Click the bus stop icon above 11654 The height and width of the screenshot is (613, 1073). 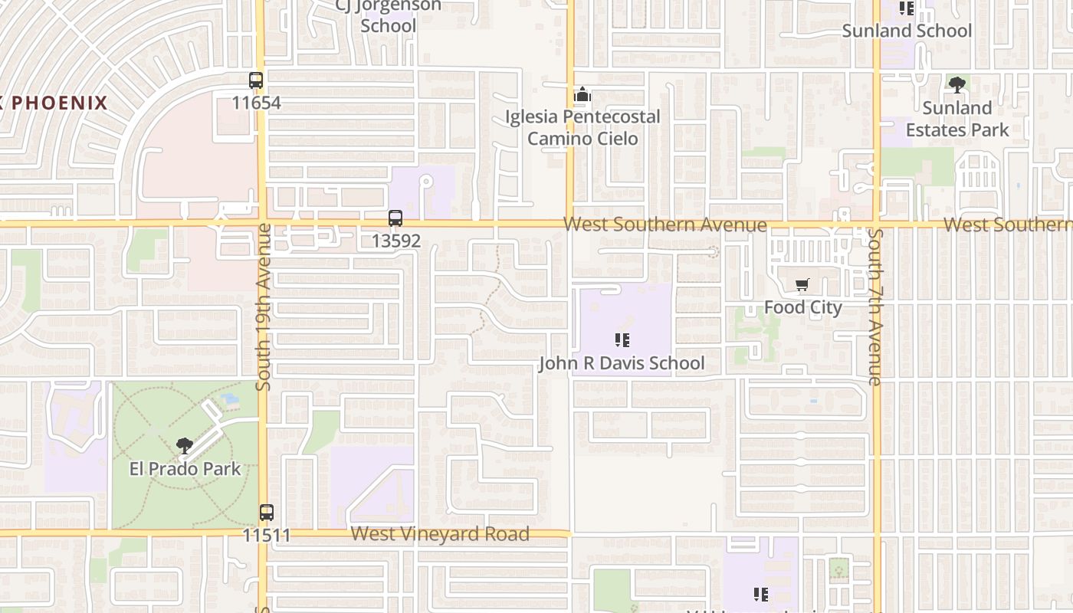click(x=256, y=80)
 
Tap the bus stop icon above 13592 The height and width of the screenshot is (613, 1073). click(x=395, y=218)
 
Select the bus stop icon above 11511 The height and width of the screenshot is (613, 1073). click(x=267, y=512)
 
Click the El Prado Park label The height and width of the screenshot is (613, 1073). click(x=185, y=469)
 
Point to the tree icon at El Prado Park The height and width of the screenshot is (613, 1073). click(x=184, y=445)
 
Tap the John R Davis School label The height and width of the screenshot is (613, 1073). click(x=622, y=363)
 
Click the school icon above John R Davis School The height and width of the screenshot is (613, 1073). click(x=622, y=339)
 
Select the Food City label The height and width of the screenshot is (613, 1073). click(x=802, y=307)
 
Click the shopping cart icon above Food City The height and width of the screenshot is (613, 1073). click(x=802, y=285)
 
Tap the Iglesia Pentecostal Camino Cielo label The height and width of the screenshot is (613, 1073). click(x=582, y=127)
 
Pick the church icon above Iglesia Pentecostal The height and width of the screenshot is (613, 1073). click(x=582, y=95)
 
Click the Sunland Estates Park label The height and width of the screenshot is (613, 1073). click(x=957, y=119)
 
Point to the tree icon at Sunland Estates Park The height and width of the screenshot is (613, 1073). click(x=957, y=84)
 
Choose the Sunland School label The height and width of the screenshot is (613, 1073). click(x=907, y=31)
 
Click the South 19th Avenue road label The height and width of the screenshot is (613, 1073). click(x=264, y=306)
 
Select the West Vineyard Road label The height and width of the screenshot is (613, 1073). click(x=440, y=534)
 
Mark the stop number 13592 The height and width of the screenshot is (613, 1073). click(x=395, y=241)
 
